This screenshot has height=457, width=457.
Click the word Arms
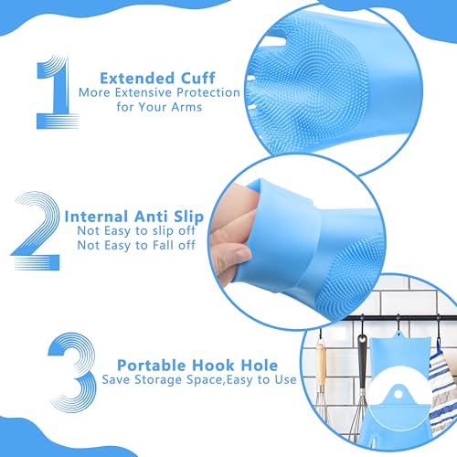[x=183, y=109]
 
